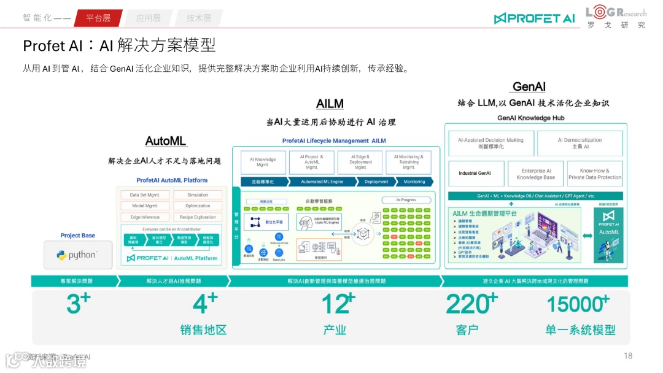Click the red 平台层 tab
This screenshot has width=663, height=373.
(98, 18)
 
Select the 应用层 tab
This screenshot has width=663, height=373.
(148, 18)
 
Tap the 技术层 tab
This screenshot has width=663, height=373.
(198, 18)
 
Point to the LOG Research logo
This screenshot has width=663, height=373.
(615, 17)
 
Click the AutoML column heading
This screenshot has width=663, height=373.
(166, 141)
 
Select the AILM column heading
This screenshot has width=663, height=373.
(330, 104)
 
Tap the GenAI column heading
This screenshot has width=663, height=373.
(529, 87)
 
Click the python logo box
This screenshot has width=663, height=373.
(78, 255)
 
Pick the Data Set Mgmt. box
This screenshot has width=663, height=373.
(145, 195)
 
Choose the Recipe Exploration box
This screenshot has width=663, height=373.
(198, 217)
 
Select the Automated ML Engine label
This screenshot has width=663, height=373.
(322, 182)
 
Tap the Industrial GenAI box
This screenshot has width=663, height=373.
(475, 174)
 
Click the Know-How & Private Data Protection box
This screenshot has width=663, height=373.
(595, 174)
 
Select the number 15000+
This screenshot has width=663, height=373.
(577, 304)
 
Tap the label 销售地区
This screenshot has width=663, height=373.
(203, 330)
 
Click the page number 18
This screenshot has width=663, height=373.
(627, 356)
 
